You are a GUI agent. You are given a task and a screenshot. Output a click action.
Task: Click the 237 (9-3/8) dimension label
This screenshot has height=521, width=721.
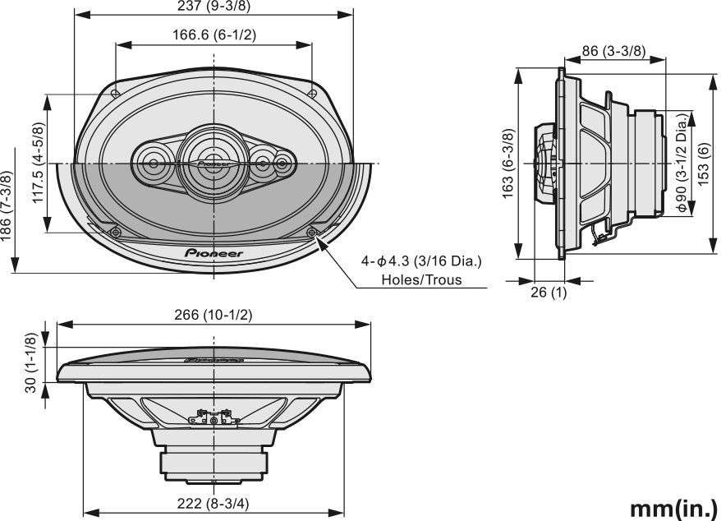[214, 6]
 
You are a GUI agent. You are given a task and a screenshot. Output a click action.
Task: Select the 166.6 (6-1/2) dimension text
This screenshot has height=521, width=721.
[214, 35]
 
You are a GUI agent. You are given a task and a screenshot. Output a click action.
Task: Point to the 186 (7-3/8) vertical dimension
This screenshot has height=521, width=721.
[6, 205]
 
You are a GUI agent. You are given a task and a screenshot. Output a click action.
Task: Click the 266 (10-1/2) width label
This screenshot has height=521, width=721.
[214, 315]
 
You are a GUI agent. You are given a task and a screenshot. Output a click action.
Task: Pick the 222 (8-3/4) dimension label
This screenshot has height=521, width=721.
[214, 504]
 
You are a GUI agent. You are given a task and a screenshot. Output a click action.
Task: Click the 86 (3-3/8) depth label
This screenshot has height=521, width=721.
[614, 50]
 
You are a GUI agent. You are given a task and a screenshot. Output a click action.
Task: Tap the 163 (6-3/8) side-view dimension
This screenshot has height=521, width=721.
[508, 164]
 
